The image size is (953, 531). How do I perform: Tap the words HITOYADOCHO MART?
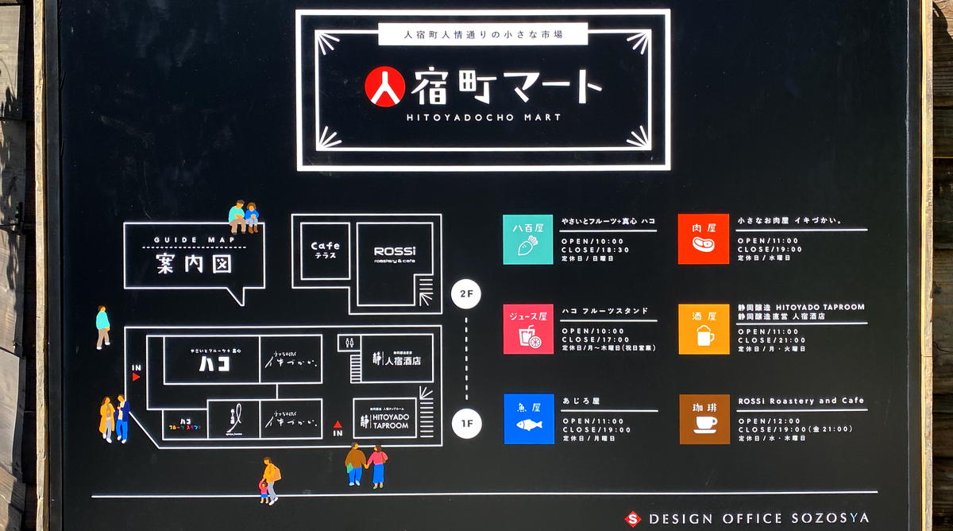coord(484,117)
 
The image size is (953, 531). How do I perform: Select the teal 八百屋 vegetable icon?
coord(527,239)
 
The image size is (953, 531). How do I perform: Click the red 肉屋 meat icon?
coord(703,239)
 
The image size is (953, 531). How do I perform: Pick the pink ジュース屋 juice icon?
coord(527,329)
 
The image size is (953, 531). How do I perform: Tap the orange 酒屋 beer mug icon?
coord(704,329)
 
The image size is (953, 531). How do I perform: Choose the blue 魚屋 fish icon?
coord(528,419)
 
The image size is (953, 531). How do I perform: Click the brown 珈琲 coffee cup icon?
coord(704,419)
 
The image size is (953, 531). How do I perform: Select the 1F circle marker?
coord(466,424)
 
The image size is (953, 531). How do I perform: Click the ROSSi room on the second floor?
coord(395,254)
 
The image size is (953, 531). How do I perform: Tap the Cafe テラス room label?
coord(325,250)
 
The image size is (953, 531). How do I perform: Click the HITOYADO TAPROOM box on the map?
coord(385,419)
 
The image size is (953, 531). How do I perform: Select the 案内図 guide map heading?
coord(194,262)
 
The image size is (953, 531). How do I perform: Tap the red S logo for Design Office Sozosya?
coord(632,518)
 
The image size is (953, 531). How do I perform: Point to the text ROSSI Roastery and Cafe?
coord(801,401)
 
